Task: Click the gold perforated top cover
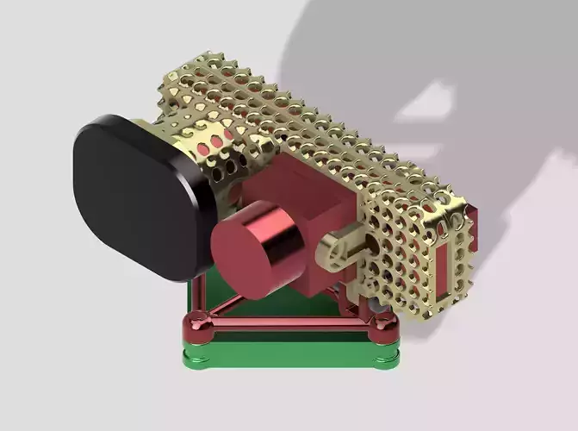[x=284, y=112]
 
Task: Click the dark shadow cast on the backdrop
[x=431, y=69]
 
